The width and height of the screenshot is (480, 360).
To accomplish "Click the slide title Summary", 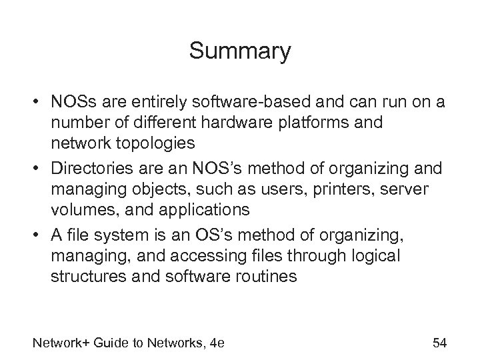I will coord(240,51).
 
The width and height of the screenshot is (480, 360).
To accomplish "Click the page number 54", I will coord(439,343).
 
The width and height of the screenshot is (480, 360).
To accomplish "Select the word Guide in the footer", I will coord(112,343).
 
